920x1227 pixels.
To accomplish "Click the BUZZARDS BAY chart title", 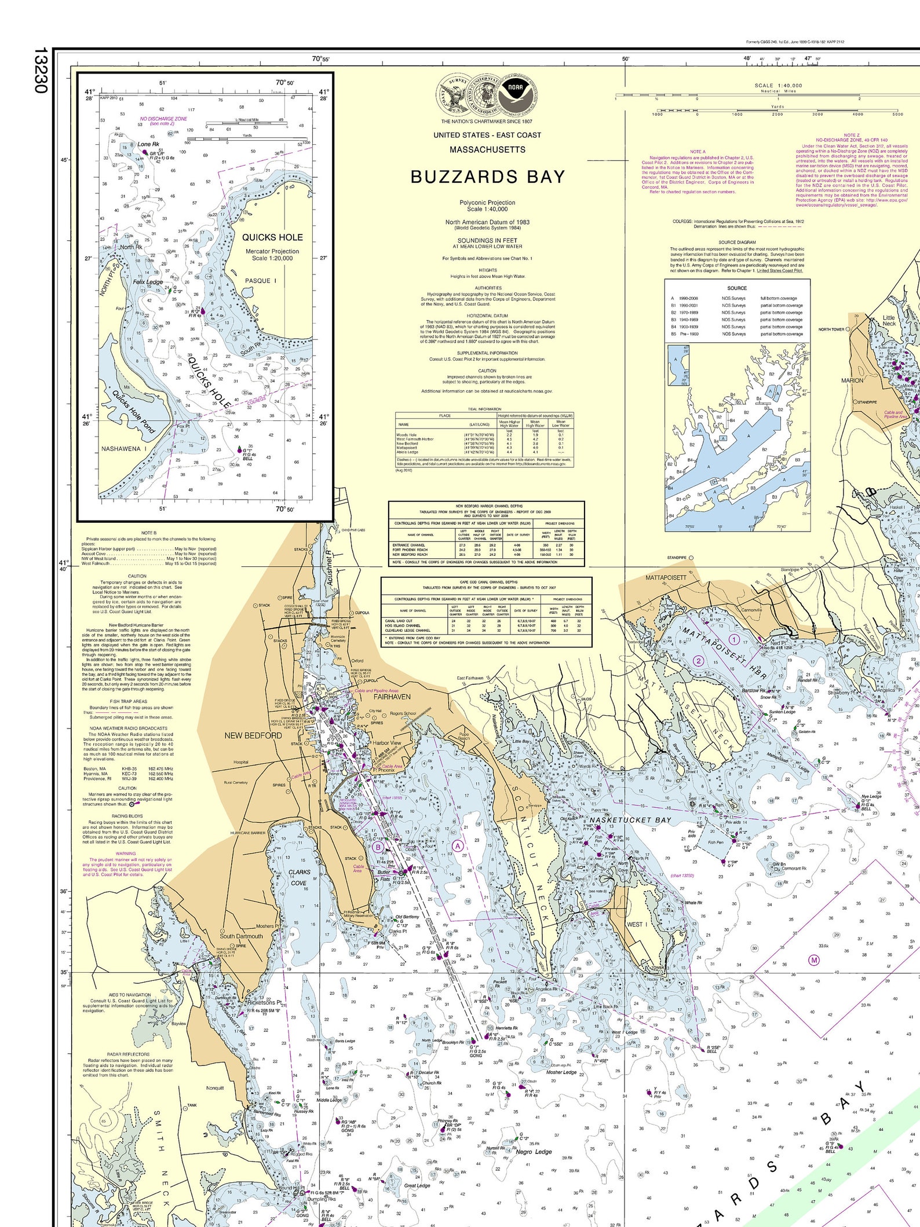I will pyautogui.click(x=487, y=177).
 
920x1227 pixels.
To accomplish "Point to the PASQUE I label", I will pyautogui.click(x=261, y=281).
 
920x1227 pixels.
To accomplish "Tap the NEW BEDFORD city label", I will pyautogui.click(x=253, y=735).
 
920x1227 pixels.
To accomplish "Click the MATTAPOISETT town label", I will pyautogui.click(x=666, y=578).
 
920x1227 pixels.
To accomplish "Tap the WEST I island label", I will pyautogui.click(x=636, y=925).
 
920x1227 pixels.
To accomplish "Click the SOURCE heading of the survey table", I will pyautogui.click(x=737, y=288).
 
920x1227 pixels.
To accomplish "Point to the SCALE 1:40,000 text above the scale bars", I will pyautogui.click(x=778, y=86).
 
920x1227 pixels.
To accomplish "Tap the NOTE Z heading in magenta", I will pyautogui.click(x=852, y=135).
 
